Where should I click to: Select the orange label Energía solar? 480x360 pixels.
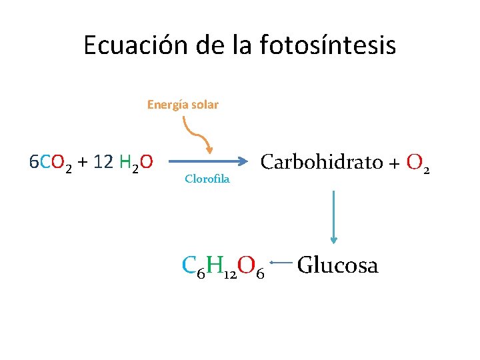[183, 105]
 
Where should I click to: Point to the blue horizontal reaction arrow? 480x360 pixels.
[207, 161]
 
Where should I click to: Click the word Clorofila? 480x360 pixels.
[207, 179]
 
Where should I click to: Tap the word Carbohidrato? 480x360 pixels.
[321, 161]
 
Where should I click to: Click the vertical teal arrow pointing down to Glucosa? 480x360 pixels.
[333, 217]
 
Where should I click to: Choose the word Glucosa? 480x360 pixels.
[337, 265]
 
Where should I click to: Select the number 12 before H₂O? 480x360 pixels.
[103, 161]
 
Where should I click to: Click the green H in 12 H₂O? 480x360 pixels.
[125, 161]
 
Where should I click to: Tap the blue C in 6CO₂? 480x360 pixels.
[45, 161]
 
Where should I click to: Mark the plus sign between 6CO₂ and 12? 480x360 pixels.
[82, 162]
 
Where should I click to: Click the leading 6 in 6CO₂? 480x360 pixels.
[34, 161]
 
